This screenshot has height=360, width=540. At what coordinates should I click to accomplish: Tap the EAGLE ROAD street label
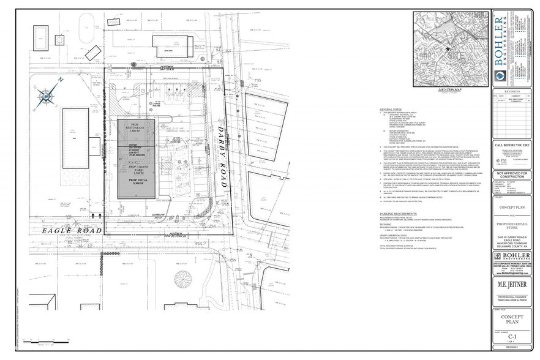tap(51, 232)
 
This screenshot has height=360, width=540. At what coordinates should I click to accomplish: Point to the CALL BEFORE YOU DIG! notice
tap(512, 145)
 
